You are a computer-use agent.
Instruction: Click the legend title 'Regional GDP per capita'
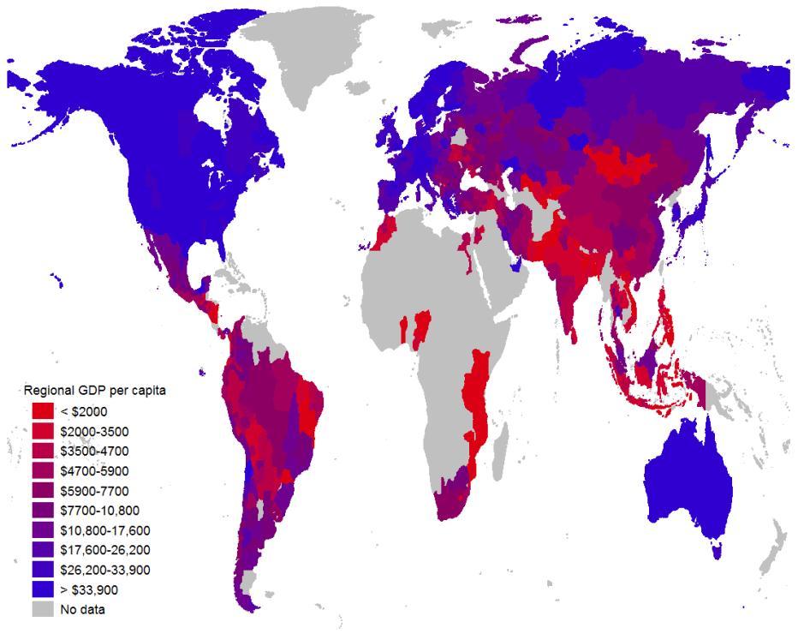pyautogui.click(x=94, y=391)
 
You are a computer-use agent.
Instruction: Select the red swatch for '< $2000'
pyautogui.click(x=44, y=411)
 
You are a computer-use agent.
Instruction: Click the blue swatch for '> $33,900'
pyautogui.click(x=44, y=589)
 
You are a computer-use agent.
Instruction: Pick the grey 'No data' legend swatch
pyautogui.click(x=44, y=609)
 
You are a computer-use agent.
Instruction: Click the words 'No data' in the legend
pyautogui.click(x=83, y=610)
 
